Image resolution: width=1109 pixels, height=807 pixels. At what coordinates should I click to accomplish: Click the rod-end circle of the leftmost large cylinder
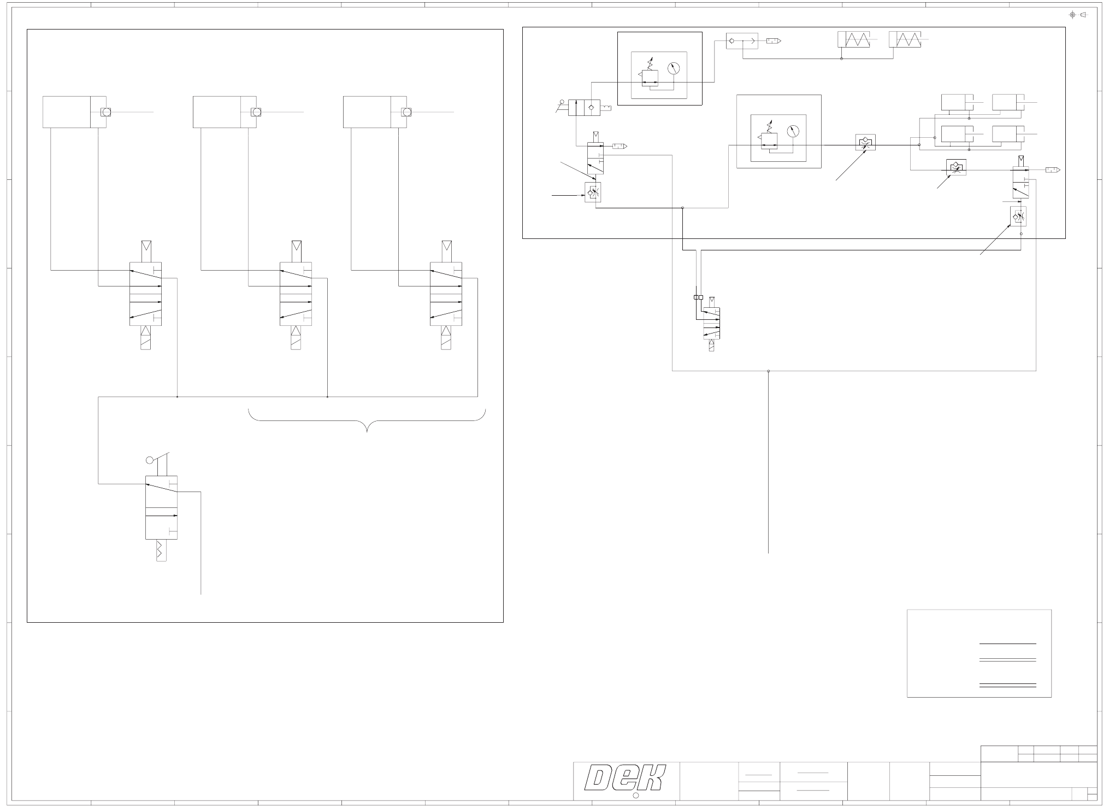(106, 112)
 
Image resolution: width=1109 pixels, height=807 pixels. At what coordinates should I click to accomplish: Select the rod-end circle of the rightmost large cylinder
(406, 112)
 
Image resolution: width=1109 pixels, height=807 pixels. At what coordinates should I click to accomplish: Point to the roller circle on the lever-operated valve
(150, 460)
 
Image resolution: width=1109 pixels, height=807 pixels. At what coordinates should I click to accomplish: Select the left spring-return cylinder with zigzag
(853, 39)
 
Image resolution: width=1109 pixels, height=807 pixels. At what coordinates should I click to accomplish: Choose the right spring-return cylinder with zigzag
(905, 39)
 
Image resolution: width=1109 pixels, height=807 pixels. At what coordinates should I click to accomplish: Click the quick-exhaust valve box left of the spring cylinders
(742, 40)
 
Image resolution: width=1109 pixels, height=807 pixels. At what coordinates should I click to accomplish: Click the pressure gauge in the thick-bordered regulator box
(674, 68)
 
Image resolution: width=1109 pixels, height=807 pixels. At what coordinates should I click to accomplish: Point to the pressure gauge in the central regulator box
(793, 131)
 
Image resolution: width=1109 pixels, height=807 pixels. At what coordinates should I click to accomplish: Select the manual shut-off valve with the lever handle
(583, 107)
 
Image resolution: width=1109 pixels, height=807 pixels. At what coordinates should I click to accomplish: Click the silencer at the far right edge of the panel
(1053, 170)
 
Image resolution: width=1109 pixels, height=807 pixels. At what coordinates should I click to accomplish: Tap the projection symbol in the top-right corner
(1078, 15)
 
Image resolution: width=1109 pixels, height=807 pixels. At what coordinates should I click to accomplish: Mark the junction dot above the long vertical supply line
(769, 371)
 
